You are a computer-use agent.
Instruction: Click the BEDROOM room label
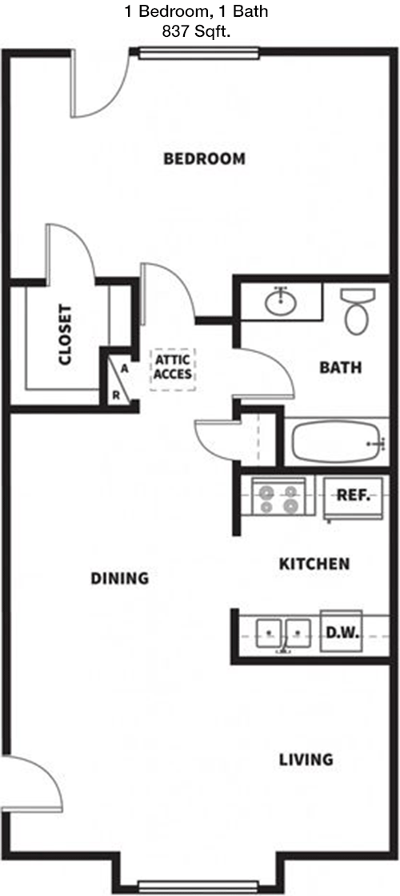tap(204, 159)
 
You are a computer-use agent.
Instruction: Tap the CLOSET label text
tap(65, 335)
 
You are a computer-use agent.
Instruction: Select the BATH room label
tap(340, 368)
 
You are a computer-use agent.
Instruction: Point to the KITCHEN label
tap(314, 564)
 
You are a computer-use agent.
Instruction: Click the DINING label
tap(120, 578)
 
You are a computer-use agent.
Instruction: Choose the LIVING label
tap(306, 760)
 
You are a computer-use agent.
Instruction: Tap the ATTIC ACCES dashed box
tap(173, 369)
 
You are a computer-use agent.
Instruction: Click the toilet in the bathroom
tap(358, 311)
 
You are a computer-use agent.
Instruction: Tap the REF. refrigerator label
tap(354, 495)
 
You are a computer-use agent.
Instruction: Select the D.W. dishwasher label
tap(342, 633)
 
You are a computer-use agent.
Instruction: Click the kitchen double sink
tap(283, 633)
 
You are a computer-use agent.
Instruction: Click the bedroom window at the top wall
tap(199, 53)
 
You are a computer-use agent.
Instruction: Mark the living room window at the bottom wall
tap(199, 886)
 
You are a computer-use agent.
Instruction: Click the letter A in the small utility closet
tap(123, 369)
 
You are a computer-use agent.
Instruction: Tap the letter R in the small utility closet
tap(116, 394)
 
